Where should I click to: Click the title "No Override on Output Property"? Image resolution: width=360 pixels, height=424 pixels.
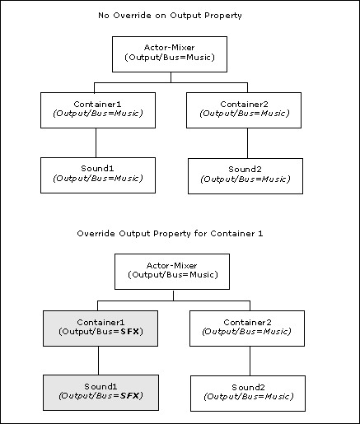tap(170, 16)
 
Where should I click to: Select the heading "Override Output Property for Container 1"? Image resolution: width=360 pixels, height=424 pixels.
tap(170, 234)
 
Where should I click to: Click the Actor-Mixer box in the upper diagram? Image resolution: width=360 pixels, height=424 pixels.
tap(170, 54)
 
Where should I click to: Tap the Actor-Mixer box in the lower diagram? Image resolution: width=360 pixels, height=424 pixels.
tap(172, 272)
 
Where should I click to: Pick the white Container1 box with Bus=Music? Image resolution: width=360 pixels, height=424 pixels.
tap(98, 110)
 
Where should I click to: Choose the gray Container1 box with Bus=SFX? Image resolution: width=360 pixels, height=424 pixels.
tap(101, 328)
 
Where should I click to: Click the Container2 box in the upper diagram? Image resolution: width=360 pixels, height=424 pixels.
tap(244, 110)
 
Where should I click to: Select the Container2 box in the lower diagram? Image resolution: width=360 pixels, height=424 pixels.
tap(247, 328)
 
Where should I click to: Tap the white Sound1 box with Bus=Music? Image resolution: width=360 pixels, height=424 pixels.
tap(98, 175)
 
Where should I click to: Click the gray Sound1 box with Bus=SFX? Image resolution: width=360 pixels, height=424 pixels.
tap(101, 393)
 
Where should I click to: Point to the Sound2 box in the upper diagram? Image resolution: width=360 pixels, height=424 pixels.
tap(245, 176)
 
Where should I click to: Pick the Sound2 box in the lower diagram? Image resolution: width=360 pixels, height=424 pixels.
tap(248, 394)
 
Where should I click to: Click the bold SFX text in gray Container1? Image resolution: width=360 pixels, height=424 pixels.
tap(130, 332)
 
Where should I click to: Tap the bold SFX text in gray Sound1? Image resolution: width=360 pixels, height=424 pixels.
tap(130, 396)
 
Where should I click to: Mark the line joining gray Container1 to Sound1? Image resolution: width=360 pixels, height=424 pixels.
tap(98, 361)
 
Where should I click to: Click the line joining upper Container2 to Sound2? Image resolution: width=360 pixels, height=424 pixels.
tap(247, 143)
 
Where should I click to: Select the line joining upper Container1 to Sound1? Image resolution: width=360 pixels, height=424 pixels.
tap(96, 142)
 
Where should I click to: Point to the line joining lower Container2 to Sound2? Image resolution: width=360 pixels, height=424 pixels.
tap(250, 361)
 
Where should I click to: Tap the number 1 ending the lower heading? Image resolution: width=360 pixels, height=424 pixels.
tap(260, 234)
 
